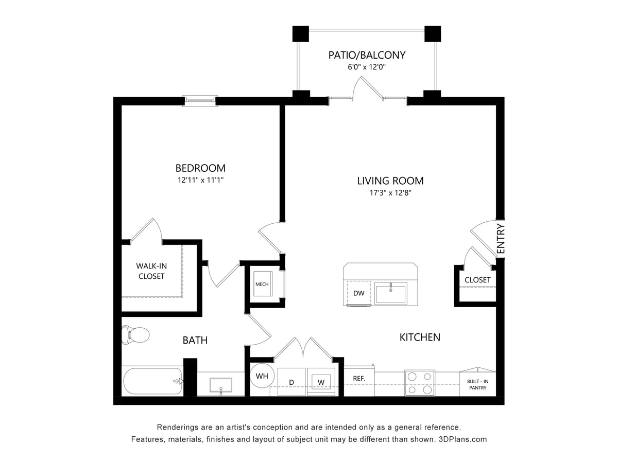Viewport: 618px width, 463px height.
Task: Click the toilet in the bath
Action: (x=135, y=335)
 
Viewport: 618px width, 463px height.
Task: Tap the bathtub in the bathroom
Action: (x=152, y=381)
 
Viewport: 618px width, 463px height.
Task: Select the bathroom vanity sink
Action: (x=220, y=385)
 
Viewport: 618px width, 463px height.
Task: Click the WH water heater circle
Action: (x=262, y=376)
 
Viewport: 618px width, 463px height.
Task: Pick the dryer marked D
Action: (x=291, y=382)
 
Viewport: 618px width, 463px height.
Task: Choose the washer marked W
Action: (x=321, y=382)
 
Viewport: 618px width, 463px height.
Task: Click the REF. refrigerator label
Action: (x=359, y=378)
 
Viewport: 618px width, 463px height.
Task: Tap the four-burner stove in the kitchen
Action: (x=419, y=383)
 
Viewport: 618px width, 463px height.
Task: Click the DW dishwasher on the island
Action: (x=358, y=293)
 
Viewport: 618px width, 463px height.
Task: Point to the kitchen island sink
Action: (x=391, y=293)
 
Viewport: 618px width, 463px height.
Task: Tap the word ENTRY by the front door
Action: (x=501, y=239)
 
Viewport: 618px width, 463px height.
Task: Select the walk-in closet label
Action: (x=151, y=271)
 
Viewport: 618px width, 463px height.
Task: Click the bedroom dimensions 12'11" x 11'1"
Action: (x=200, y=180)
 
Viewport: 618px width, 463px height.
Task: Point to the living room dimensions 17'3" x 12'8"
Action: (x=390, y=193)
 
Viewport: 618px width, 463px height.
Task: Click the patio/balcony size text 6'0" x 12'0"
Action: (x=367, y=67)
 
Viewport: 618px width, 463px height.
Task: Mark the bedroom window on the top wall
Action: (x=201, y=100)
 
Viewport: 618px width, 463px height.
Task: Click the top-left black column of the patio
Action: (x=300, y=33)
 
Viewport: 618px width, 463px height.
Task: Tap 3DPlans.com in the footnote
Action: (x=462, y=439)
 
